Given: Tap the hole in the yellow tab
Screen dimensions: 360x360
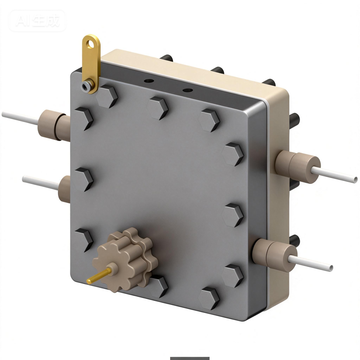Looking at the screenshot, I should tap(92, 43).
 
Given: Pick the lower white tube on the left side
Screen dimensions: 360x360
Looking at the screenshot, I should tap(36, 182).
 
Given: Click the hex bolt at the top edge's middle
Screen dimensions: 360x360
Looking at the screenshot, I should tap(158, 105).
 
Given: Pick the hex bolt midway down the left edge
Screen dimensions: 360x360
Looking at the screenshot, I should tap(85, 180).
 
